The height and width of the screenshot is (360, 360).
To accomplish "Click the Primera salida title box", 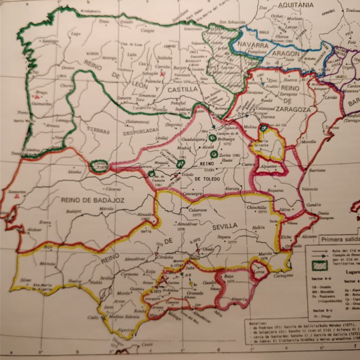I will coord(337,238).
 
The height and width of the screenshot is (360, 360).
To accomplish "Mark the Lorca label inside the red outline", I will coord(259,272).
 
